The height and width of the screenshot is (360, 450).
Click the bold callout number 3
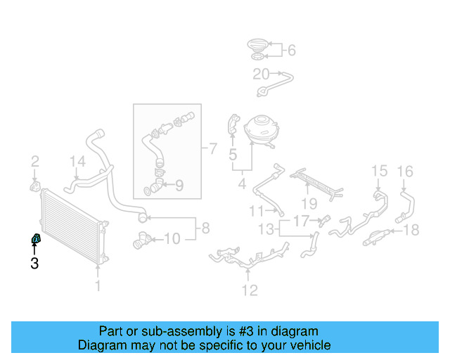[34, 264]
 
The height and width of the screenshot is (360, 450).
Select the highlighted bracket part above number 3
[35, 240]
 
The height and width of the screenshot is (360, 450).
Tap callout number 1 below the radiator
[98, 285]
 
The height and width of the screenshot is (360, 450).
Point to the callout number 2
[34, 163]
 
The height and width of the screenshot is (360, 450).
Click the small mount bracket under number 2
[34, 186]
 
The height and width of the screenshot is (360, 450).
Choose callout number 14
[77, 163]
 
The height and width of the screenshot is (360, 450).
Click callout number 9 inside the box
[179, 186]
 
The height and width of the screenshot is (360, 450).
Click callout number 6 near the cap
[292, 50]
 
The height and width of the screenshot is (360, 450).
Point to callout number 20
[261, 74]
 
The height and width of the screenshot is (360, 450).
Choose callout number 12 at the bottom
[250, 290]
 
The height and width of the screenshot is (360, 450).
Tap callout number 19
[309, 205]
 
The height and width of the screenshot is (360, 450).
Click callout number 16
[405, 171]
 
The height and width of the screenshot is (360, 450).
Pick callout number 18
[411, 229]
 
